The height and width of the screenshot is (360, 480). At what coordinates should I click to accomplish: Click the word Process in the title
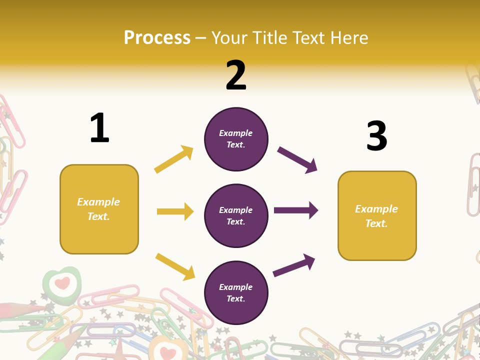(157, 38)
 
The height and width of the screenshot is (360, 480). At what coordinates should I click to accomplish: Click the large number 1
(99, 128)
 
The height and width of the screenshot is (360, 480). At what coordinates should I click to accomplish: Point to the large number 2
(236, 75)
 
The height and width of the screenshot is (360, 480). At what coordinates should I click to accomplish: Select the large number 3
(376, 136)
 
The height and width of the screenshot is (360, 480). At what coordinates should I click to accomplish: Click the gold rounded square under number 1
(99, 209)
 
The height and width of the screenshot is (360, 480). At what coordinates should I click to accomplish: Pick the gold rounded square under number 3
(377, 215)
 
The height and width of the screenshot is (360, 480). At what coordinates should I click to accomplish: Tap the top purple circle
(236, 139)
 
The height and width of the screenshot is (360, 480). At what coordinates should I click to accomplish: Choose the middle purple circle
(236, 215)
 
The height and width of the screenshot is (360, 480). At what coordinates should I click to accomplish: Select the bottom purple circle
(236, 292)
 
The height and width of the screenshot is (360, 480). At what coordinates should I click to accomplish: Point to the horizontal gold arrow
(175, 211)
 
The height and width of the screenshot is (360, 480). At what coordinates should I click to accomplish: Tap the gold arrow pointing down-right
(175, 266)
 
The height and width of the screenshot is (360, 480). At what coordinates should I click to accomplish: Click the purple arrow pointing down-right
(297, 160)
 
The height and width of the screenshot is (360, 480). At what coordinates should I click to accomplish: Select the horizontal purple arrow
(296, 210)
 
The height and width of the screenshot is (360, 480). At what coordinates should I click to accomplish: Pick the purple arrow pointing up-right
(294, 265)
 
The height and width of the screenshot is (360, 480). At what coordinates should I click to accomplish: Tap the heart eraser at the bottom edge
(167, 350)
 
